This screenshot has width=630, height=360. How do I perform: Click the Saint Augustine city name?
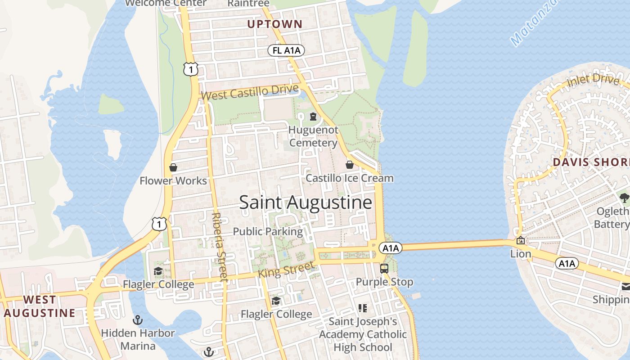[306, 202]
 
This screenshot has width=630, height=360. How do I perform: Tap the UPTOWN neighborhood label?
[274, 24]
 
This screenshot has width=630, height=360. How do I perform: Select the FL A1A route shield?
[286, 50]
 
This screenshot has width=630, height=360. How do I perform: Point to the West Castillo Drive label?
[250, 93]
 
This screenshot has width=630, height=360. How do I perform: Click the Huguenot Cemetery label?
[313, 136]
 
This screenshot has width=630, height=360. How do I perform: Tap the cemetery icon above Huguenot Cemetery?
[313, 117]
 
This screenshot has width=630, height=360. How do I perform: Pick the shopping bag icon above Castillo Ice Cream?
[349, 165]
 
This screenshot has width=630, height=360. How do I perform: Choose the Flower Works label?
[173, 181]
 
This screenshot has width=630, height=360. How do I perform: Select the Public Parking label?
[268, 232]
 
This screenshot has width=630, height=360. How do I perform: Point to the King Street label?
[286, 270]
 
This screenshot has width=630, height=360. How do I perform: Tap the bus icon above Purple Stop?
[384, 269]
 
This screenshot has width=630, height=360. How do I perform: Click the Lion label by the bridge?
[521, 254]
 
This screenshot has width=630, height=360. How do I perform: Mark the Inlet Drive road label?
[593, 81]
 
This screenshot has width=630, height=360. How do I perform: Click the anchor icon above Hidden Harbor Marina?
[138, 320]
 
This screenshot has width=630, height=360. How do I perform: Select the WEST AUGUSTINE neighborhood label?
[40, 306]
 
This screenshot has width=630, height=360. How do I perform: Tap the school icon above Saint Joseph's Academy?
[363, 308]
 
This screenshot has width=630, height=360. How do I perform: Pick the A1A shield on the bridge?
[390, 248]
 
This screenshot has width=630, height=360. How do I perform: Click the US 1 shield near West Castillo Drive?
[191, 69]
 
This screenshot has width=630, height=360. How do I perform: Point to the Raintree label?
[248, 4]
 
